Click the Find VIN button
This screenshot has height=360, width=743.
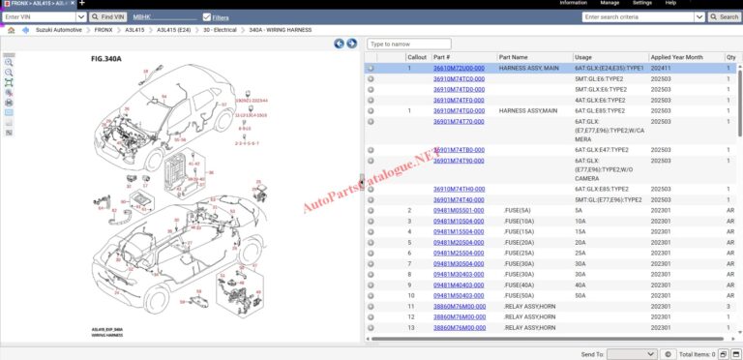107,17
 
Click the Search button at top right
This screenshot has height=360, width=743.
725,17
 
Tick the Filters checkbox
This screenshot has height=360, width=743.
207,17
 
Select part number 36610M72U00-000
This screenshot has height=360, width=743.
459,69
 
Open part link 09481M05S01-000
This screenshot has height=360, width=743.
459,210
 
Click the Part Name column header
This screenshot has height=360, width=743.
513,57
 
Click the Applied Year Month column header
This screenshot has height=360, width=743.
676,57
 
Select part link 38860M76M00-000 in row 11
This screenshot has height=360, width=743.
459,306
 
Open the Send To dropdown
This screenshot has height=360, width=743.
632,355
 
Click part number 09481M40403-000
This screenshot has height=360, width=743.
459,285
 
